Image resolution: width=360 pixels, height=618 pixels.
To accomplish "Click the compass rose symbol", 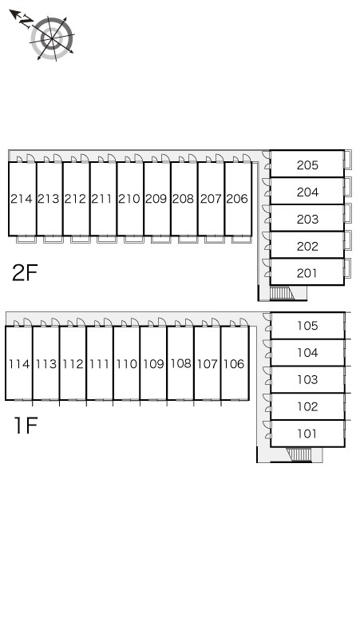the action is [x=52, y=38].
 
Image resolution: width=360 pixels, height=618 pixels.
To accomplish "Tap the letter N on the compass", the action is [x=26, y=22].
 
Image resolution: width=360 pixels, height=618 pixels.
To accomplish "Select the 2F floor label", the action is [x=25, y=272].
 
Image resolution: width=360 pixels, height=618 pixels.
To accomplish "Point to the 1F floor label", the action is [x=26, y=425].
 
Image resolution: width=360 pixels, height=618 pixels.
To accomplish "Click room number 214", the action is [x=22, y=199].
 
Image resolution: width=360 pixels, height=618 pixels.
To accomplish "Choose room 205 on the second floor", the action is [x=307, y=164].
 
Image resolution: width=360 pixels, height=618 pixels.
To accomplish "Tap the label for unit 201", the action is [x=307, y=273].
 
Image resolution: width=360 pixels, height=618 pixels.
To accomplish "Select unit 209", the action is [x=156, y=199].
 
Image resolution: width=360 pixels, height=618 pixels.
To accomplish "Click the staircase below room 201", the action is [x=281, y=293].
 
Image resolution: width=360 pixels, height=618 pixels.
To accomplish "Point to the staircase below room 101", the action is [x=299, y=454].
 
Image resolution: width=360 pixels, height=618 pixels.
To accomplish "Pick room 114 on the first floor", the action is [x=19, y=364].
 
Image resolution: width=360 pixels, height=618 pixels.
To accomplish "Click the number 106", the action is [x=234, y=364].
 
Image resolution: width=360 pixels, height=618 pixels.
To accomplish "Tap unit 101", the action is [x=307, y=434].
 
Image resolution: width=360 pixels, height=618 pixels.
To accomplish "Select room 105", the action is [x=307, y=326].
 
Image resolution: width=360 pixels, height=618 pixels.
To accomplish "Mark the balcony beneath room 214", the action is [x=26, y=240].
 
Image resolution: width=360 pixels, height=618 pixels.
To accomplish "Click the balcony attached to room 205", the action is [x=347, y=160].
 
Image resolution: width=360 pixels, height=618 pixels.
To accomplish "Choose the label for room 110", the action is [x=127, y=364].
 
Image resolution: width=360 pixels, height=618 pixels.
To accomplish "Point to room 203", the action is [x=307, y=219].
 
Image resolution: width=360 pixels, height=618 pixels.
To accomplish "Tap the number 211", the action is [x=102, y=199].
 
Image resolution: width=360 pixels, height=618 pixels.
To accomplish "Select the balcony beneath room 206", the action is [x=241, y=240].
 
